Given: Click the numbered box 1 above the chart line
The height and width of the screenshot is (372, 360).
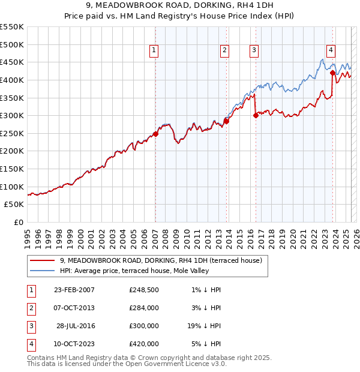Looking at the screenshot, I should click(154, 51).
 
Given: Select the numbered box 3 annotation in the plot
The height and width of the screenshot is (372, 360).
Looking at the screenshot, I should click(254, 51).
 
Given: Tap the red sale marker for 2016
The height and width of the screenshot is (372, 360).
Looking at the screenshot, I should click(256, 116).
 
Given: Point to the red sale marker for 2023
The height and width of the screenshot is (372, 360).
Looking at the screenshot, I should click(332, 73).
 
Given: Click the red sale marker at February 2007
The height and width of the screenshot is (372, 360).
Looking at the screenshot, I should click(155, 134).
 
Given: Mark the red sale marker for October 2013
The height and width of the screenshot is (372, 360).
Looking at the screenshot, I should click(226, 121).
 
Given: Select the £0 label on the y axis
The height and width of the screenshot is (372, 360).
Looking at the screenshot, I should click(17, 222).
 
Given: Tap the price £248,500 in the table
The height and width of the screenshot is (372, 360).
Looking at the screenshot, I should click(144, 290).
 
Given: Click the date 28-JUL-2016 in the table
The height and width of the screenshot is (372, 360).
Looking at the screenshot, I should click(77, 326).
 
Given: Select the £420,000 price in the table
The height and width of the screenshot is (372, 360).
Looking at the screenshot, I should click(144, 344).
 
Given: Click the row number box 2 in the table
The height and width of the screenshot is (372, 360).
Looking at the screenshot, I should click(30, 308).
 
